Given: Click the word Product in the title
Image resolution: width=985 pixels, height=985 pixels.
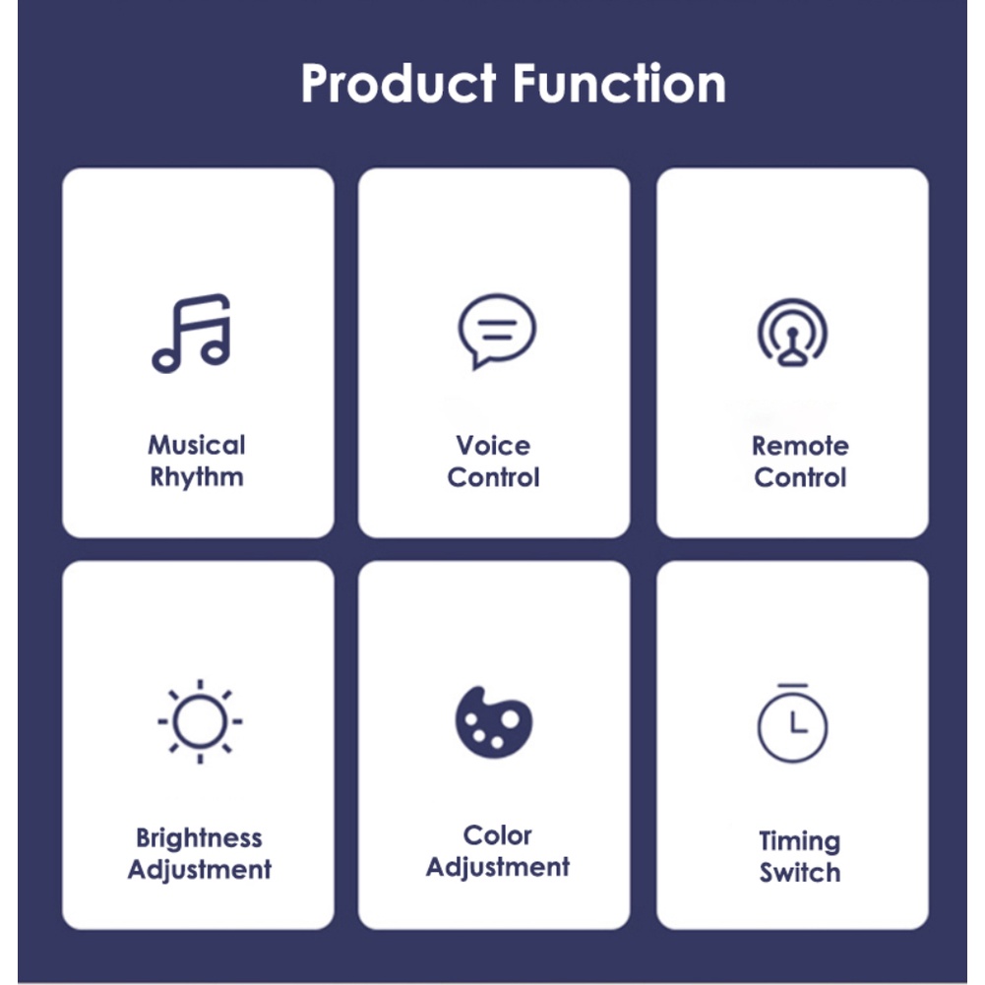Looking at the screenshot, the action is click(x=399, y=84).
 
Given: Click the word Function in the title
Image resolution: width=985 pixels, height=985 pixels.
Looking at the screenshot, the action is click(x=619, y=83).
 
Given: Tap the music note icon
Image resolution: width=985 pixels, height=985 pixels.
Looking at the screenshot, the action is click(x=191, y=333).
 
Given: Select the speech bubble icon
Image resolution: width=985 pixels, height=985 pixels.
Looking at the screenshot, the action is click(x=497, y=331).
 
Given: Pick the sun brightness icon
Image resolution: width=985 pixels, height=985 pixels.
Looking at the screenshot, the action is click(x=200, y=721).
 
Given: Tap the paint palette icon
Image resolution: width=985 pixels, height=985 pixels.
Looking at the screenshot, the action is click(x=494, y=722).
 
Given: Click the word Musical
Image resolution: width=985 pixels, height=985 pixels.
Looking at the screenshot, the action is click(x=197, y=445).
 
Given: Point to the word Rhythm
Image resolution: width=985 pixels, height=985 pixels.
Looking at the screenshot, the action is click(x=197, y=477).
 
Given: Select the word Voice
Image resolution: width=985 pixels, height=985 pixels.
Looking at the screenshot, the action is click(x=493, y=446).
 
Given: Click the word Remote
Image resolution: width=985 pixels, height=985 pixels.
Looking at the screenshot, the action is click(x=800, y=446).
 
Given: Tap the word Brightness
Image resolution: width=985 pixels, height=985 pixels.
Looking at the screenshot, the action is click(x=199, y=838).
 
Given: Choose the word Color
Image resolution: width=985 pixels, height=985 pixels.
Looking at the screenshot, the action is click(x=498, y=835).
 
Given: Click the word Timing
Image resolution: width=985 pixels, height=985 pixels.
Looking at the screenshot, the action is click(x=800, y=841).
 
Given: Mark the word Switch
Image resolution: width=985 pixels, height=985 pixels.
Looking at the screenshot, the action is click(x=800, y=873).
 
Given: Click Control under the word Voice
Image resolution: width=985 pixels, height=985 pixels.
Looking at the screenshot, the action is click(x=493, y=477).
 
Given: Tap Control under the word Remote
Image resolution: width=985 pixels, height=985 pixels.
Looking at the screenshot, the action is click(x=800, y=477).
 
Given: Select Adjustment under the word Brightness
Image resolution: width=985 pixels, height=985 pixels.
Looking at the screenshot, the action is click(x=199, y=870).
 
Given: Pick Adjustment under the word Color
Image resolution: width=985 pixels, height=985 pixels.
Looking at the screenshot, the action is click(x=498, y=868).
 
